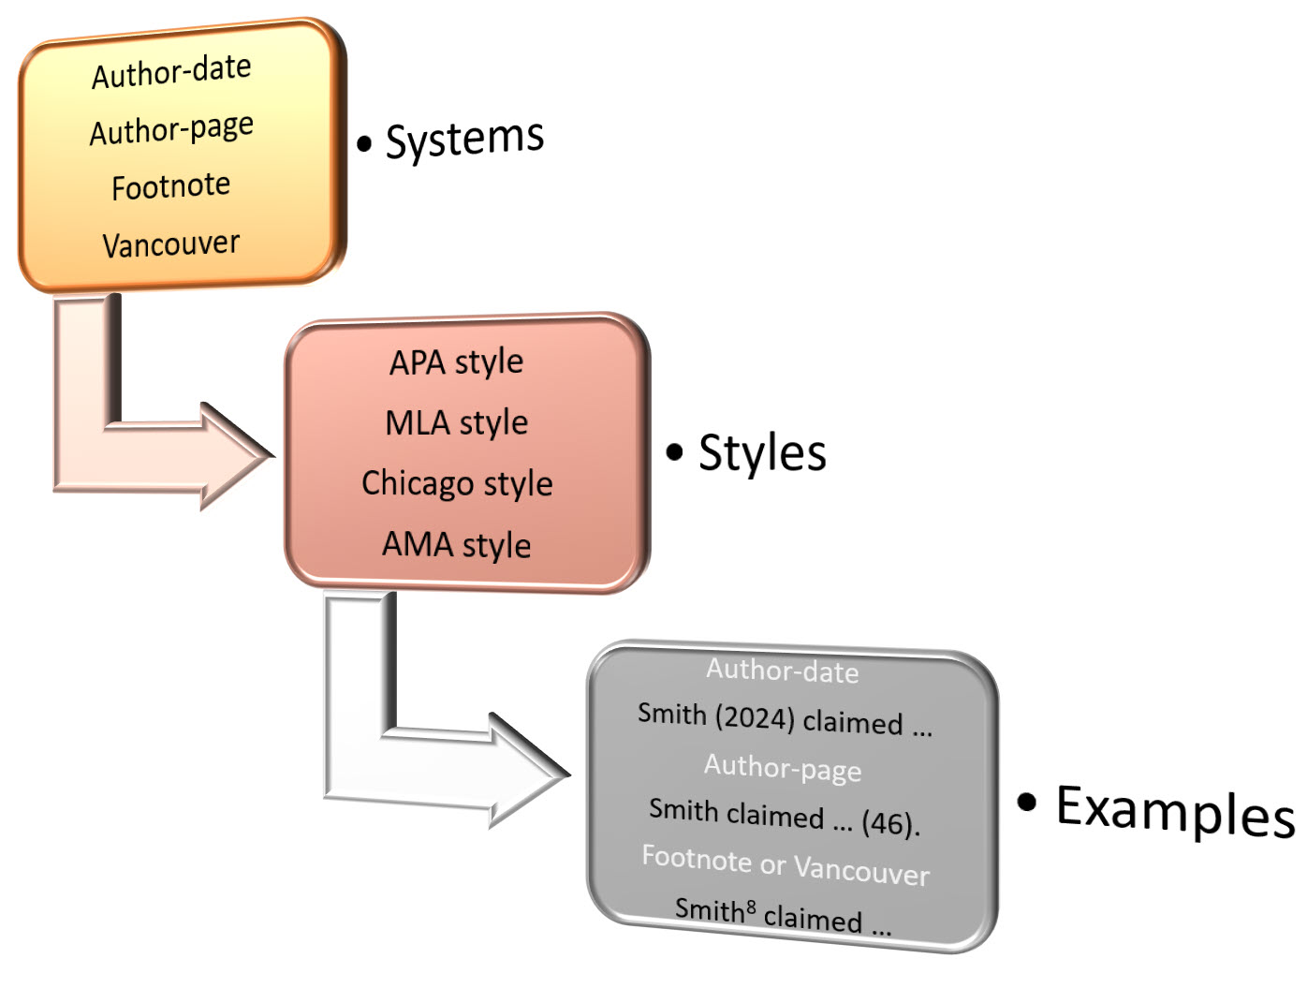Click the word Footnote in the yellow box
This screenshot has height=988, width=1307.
pyautogui.click(x=171, y=186)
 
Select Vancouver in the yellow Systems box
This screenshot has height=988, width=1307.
pyautogui.click(x=171, y=244)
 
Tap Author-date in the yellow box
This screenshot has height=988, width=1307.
pyautogui.click(x=171, y=72)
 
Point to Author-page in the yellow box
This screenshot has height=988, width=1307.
pyautogui.click(x=171, y=130)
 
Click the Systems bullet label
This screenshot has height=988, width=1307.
pyautogui.click(x=464, y=140)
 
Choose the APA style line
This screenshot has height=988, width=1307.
pyautogui.click(x=457, y=362)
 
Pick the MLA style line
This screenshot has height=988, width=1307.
pyautogui.click(x=457, y=423)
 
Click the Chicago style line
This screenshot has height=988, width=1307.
pyautogui.click(x=457, y=483)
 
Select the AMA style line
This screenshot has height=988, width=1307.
pyautogui.click(x=457, y=544)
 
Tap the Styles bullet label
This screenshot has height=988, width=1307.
pyautogui.click(x=762, y=453)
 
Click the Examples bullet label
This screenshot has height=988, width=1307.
pyautogui.click(x=1174, y=810)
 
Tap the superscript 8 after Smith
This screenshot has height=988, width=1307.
pyautogui.click(x=751, y=906)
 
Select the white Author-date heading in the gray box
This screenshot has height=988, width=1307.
pyautogui.click(x=783, y=671)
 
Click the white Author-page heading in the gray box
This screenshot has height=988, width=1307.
pyautogui.click(x=783, y=768)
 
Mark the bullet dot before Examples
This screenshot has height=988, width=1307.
pyautogui.click(x=1027, y=802)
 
